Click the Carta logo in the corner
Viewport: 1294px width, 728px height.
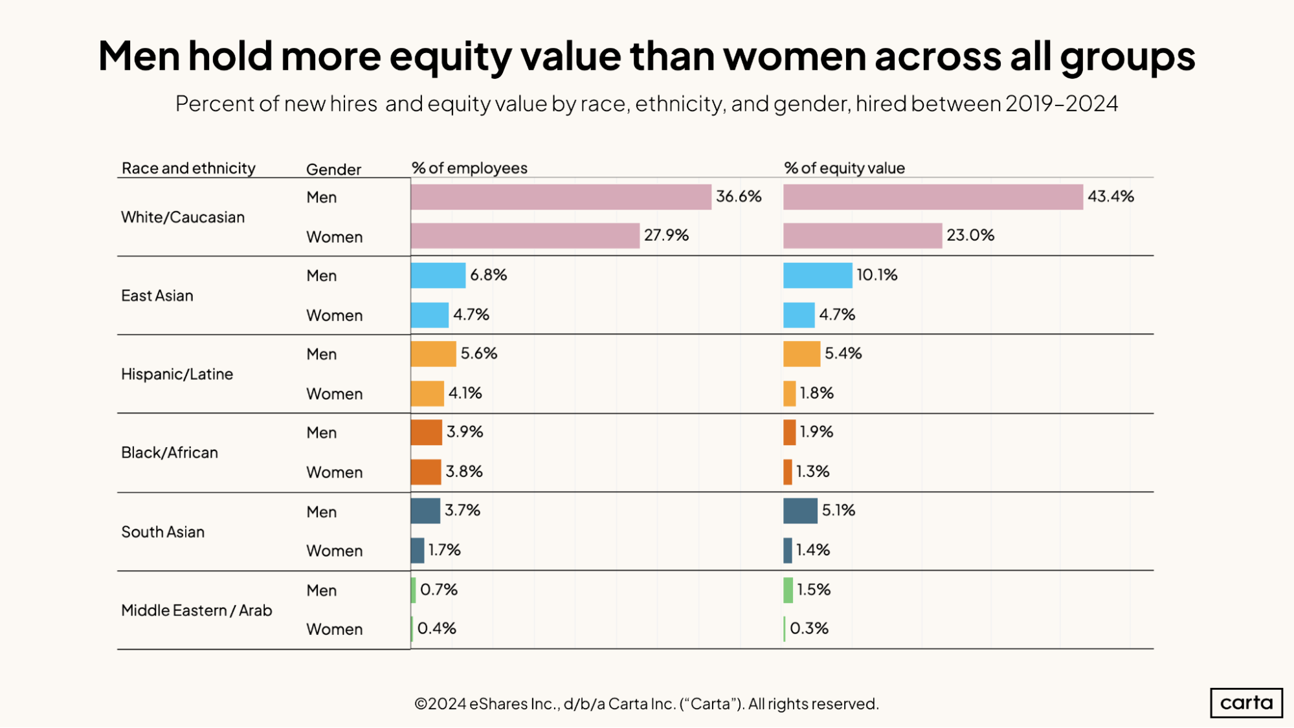tap(1245, 703)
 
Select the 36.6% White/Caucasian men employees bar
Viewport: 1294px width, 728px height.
tap(561, 197)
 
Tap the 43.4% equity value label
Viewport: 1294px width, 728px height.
tap(1110, 197)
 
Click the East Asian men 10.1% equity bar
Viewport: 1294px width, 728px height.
tap(817, 275)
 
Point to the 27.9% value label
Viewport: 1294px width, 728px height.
tap(666, 236)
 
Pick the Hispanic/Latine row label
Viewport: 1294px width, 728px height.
tap(177, 374)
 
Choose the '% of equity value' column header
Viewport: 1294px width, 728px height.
tap(844, 168)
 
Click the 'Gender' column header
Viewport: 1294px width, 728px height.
tap(333, 170)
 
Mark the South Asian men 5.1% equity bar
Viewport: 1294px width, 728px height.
tap(800, 511)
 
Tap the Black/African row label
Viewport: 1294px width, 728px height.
tap(170, 452)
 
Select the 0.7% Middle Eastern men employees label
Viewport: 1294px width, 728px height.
tap(438, 590)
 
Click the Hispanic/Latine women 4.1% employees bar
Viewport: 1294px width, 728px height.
tap(427, 393)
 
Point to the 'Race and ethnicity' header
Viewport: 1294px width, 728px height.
tap(188, 168)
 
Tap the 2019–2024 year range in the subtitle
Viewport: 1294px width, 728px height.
tap(1062, 104)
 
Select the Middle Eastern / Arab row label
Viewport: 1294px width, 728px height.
tap(196, 610)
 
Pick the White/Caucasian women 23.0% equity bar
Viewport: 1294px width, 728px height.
tap(862, 236)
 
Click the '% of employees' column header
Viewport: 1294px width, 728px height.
tap(469, 168)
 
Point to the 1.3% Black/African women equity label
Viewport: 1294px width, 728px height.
tap(812, 472)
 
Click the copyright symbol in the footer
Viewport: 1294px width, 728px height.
tap(421, 704)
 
